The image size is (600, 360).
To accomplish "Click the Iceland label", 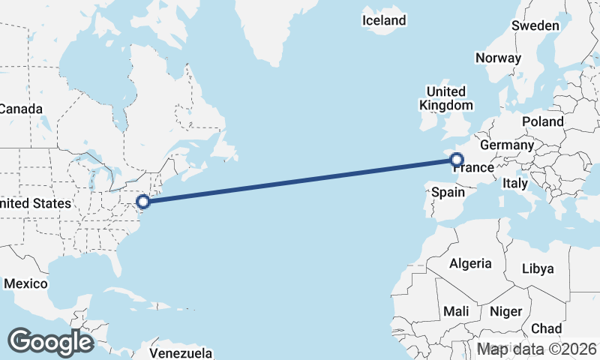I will pos(383,20).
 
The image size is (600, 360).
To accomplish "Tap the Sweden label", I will pos(535,25).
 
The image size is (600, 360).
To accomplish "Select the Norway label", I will pos(498,58).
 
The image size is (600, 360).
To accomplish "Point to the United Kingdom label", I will pos(446,98).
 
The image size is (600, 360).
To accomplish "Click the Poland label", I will pos(543,121).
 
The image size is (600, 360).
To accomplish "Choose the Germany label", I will pos(506,145).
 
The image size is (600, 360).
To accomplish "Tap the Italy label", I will pos(515,183).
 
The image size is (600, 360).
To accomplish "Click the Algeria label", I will pos(470,263).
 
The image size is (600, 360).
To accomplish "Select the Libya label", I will pos(537,268).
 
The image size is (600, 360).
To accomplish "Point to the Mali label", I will pos(456,310).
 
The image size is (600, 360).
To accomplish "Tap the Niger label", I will pos(505,310).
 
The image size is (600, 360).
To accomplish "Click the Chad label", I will pos(546,328).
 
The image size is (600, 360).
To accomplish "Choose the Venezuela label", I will pos(181,352).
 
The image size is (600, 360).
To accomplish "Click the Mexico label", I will pos(25,283).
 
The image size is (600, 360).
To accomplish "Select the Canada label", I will pos(20,109).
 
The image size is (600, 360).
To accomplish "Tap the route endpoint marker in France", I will pos(456,159).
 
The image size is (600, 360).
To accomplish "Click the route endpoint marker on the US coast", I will pos(144,201).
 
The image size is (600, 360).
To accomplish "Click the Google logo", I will pos(51,342).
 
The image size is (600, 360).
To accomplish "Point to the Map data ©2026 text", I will pos(537,349).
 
